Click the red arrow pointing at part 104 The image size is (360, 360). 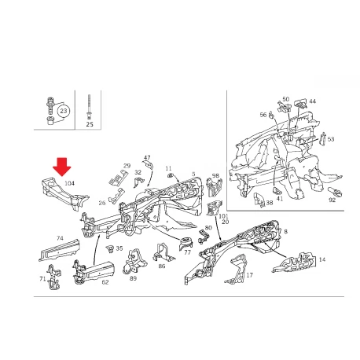point(62,167)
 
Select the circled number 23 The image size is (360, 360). point(64,111)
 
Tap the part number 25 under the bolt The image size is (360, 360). point(90,124)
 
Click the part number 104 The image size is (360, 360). point(69,183)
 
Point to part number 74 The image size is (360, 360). point(60,238)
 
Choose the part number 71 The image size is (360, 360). point(42,279)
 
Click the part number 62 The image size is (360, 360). point(105,282)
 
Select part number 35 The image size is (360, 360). point(119,248)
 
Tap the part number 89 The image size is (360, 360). point(134,278)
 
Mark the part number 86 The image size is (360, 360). point(162,266)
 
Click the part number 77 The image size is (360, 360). point(188,252)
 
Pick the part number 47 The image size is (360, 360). point(147,158)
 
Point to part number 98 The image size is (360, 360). point(215,175)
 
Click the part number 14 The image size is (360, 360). point(322,259)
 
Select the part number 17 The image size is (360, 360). point(250,275)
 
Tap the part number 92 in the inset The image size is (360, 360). point(332,200)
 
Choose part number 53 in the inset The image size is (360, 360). point(331,139)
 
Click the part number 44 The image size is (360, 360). point(313,101)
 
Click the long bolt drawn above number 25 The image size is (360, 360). point(90,107)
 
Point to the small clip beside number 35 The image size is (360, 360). point(110,249)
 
